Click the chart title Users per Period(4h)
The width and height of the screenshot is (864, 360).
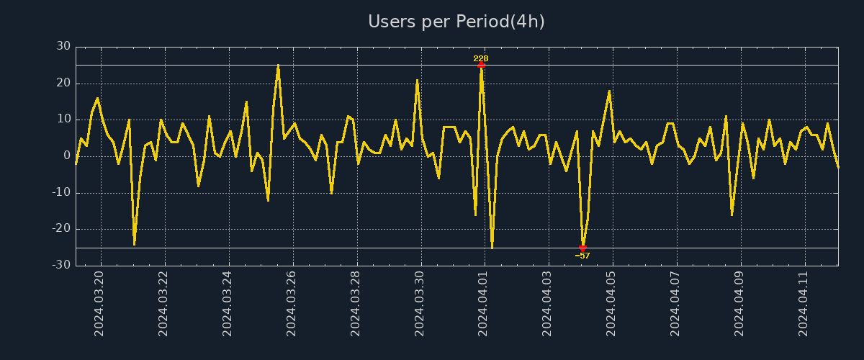click(456, 22)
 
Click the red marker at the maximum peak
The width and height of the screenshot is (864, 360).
click(481, 65)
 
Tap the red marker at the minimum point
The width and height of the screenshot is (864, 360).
click(582, 248)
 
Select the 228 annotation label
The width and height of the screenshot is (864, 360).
click(481, 58)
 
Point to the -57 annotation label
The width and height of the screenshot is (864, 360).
click(582, 256)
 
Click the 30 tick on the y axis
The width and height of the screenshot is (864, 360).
click(63, 46)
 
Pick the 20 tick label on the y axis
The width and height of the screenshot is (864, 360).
click(63, 83)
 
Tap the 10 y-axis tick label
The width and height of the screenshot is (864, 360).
click(63, 119)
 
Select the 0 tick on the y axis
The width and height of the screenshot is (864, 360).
click(67, 156)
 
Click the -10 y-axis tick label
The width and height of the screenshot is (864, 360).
click(61, 192)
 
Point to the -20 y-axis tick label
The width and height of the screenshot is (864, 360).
click(61, 229)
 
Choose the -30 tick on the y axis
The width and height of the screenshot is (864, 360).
click(61, 265)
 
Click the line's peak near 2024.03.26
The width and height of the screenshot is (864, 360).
click(278, 66)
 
